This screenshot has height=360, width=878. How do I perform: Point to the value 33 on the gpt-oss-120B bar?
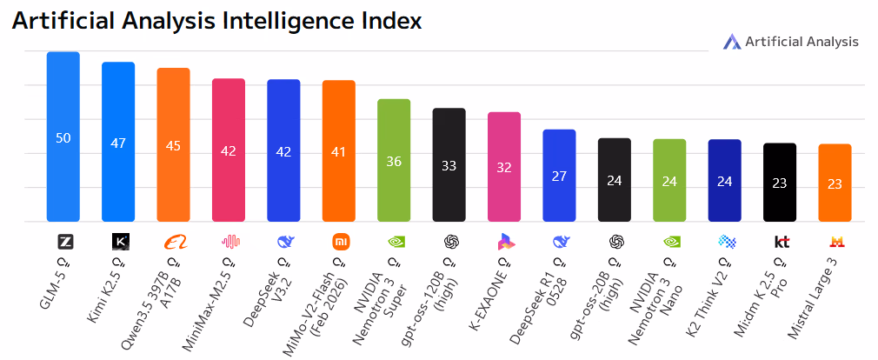[x=449, y=165]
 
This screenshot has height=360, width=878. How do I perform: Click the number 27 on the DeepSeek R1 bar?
[x=559, y=176]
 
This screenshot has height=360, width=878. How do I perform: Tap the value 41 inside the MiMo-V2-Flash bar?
[x=339, y=151]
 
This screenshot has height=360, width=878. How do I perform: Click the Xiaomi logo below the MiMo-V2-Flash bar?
[x=339, y=241]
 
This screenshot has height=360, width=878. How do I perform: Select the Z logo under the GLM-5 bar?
[x=63, y=241]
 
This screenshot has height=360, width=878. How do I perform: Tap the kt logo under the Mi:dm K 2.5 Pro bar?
[x=780, y=241]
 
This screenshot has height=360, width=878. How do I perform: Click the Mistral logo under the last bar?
[x=835, y=241]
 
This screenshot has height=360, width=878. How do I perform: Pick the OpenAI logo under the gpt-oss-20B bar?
[x=615, y=241]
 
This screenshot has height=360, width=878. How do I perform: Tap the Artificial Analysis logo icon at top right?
[x=731, y=41]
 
